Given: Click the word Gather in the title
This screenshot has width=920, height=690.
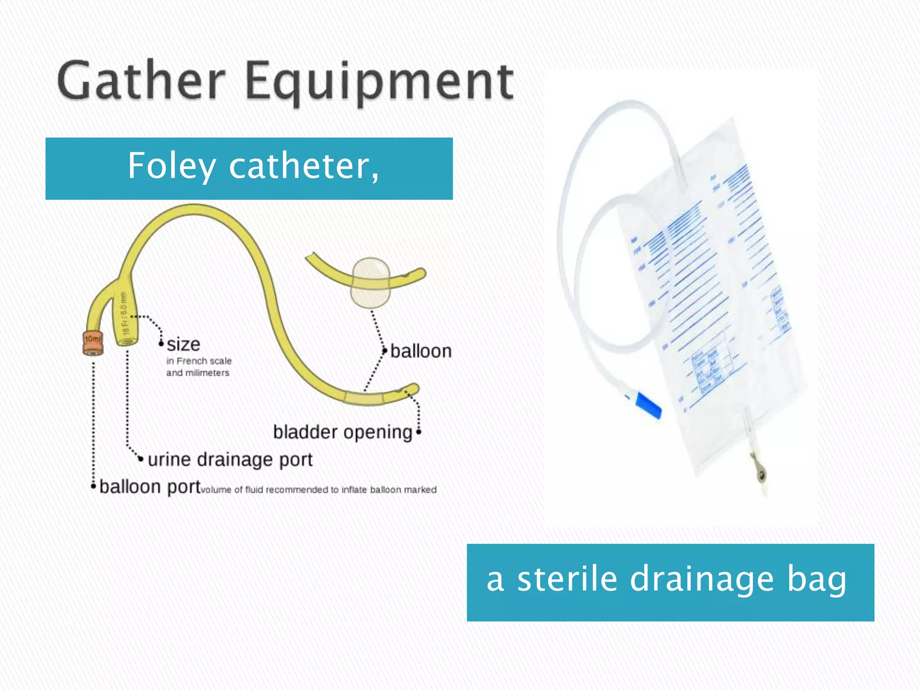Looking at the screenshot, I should pyautogui.click(x=141, y=81).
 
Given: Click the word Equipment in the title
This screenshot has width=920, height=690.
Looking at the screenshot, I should pyautogui.click(x=380, y=83).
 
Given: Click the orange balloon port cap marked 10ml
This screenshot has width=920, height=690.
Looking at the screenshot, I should pyautogui.click(x=93, y=344).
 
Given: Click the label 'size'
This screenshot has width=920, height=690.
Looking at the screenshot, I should pyautogui.click(x=183, y=345).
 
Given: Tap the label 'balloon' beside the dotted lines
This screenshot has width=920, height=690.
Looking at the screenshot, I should pyautogui.click(x=420, y=351).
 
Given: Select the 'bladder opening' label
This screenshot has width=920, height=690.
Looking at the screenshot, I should pyautogui.click(x=342, y=432).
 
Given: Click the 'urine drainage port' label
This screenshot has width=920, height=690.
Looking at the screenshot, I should pyautogui.click(x=230, y=460).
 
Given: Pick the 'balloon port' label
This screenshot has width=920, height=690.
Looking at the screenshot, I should pyautogui.click(x=150, y=487).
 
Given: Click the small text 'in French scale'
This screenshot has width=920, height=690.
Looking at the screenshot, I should pyautogui.click(x=199, y=361).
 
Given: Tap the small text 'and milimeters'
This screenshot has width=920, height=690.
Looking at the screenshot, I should pyautogui.click(x=198, y=373).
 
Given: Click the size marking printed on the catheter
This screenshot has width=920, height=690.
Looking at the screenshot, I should pyautogui.click(x=124, y=314).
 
